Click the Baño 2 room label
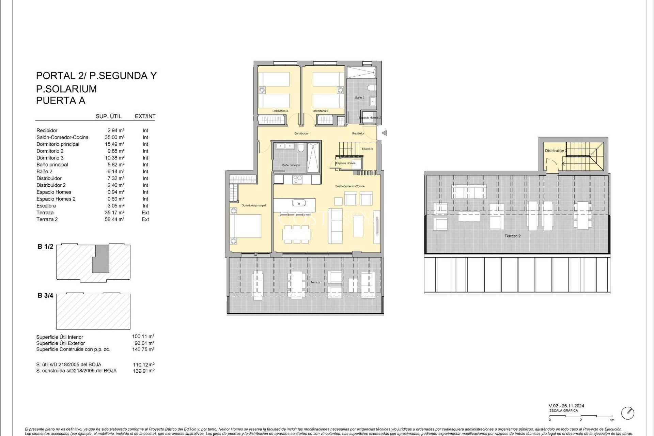[x=360, y=98]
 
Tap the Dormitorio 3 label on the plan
[x=280, y=111]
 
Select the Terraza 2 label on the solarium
[x=512, y=236]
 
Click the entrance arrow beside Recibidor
[x=384, y=133]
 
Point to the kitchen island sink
[x=299, y=204]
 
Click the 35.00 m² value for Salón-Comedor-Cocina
[x=114, y=137]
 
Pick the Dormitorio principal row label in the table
[x=58, y=144]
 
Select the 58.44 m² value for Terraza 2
[x=114, y=219]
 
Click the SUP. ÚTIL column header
[x=109, y=116]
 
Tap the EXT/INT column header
[x=145, y=116]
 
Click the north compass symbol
[x=627, y=413]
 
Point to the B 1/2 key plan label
[x=45, y=247]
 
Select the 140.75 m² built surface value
[x=143, y=349]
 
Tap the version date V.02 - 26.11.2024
[x=566, y=406]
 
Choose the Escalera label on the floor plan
[x=367, y=149]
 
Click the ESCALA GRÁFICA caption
[x=563, y=410]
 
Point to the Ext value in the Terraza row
[x=145, y=213]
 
